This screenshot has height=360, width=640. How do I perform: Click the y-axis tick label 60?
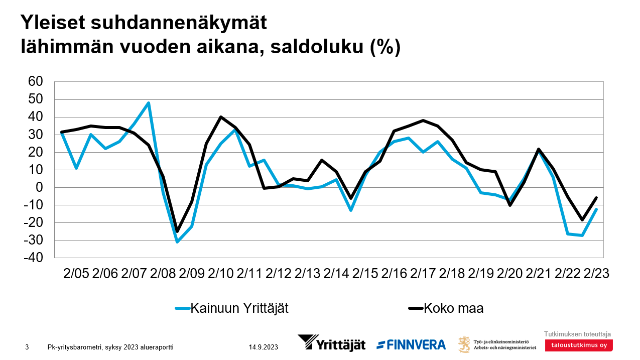tap(37, 82)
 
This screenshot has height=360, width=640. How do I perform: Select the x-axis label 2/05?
tap(76, 274)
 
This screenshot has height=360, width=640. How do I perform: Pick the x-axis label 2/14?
tap(336, 274)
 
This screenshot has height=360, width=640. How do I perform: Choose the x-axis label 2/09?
tap(192, 274)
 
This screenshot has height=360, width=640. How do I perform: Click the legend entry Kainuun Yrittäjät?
tap(239, 308)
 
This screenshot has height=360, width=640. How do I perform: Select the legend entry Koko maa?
tap(453, 308)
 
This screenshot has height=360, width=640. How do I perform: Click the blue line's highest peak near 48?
tap(149, 103)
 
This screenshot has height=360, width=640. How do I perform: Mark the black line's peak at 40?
tap(221, 117)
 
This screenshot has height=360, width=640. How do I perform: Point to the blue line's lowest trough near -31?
tap(177, 242)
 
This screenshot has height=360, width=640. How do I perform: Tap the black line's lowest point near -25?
tap(177, 231)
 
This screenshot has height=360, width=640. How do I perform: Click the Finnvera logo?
tap(411, 344)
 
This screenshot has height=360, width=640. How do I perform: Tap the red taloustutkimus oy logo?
tap(578, 345)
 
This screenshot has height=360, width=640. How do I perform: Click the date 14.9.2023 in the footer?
tap(263, 347)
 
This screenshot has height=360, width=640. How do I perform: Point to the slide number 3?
tap(27, 347)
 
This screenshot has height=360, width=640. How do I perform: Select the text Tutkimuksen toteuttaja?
tap(577, 334)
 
